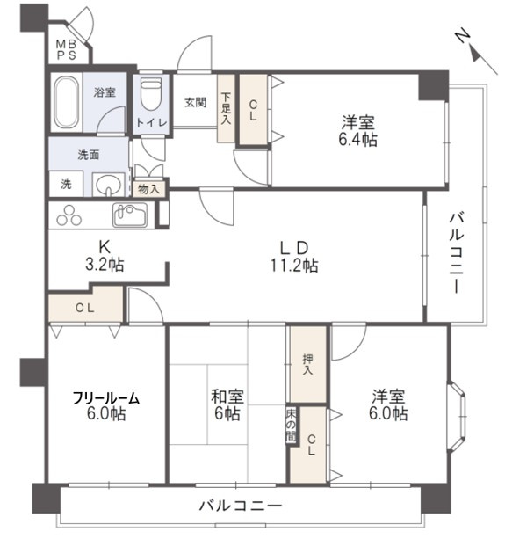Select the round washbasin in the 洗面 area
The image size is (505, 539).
tap(108, 185)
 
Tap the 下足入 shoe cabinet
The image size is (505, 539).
tap(227, 108)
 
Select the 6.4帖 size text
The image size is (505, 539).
tap(358, 139)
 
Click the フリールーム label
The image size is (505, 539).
tap(106, 397)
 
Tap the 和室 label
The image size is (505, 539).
tap(225, 397)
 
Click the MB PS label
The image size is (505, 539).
tap(67, 49)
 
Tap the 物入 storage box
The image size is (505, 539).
tap(148, 188)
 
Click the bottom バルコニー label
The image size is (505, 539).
tap(240, 507)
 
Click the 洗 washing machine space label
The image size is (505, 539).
tap(66, 185)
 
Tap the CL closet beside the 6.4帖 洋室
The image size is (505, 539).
tap(253, 109)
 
